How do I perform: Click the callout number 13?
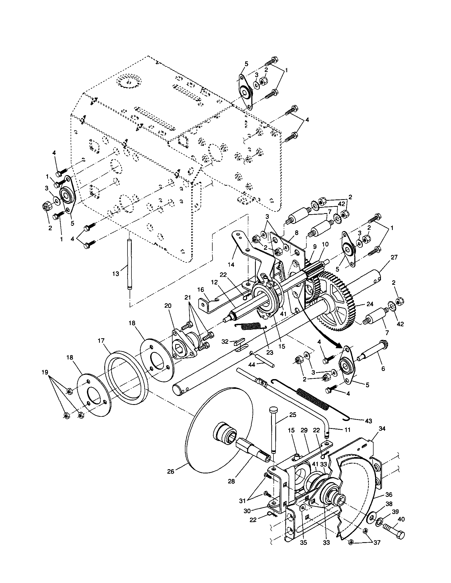[x=116, y=274]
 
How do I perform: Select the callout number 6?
[x=383, y=368]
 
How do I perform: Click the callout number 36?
[x=389, y=495]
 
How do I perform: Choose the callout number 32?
[x=225, y=341]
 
